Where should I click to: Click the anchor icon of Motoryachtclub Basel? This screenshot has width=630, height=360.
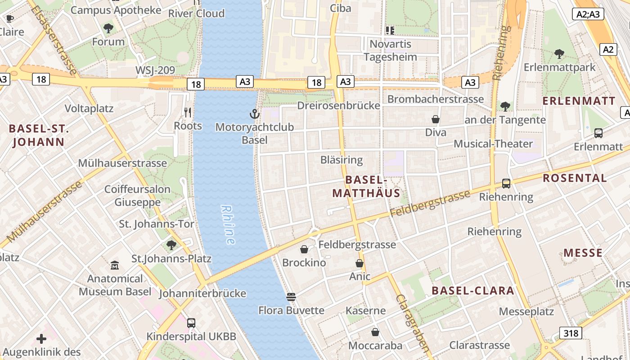[x=255, y=114]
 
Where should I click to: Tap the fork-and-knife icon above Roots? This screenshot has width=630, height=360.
[x=188, y=112]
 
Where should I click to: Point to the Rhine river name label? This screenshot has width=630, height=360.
[x=228, y=225]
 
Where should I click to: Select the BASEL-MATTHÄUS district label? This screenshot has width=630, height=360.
[x=366, y=186]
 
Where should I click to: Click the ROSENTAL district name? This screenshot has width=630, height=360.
[x=575, y=178]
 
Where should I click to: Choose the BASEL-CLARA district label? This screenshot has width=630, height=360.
[x=472, y=290]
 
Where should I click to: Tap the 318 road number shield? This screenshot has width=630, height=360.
[x=571, y=333]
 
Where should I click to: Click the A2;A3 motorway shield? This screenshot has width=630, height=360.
[x=588, y=14]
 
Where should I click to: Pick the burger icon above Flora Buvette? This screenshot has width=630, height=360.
[x=291, y=297]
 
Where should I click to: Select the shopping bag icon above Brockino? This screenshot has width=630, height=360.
[x=304, y=249]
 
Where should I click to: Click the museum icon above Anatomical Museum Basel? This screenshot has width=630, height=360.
[x=115, y=265]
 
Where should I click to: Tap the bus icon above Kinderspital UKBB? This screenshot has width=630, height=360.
[x=191, y=323]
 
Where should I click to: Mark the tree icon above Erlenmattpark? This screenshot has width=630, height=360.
[x=559, y=54]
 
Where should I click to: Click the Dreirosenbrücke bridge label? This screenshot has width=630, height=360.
[x=338, y=106]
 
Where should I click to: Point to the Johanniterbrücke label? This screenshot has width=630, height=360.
[x=202, y=293]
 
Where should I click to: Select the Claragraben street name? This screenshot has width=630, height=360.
[x=412, y=323]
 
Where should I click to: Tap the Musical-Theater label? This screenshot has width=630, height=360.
[x=493, y=144]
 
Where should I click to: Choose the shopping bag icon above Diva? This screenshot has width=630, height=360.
[x=435, y=119]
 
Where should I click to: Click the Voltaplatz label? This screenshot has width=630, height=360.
[x=89, y=108]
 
